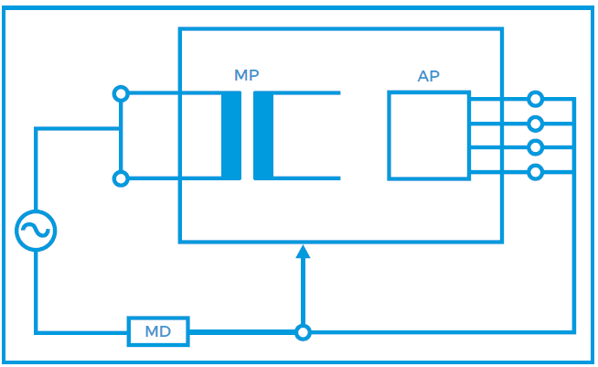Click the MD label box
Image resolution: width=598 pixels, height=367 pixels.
tap(158, 331)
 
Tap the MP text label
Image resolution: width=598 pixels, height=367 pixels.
tap(247, 74)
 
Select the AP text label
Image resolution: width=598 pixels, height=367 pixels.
tap(428, 77)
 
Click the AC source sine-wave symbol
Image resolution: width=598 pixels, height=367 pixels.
tap(36, 231)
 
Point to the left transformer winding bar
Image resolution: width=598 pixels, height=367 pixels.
tap(230, 135)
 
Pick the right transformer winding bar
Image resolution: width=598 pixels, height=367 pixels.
tap(263, 135)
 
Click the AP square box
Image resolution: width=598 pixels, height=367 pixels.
tap(428, 135)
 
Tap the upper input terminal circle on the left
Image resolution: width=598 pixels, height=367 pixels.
tap(120, 93)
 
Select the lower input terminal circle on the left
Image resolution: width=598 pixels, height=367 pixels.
tap(120, 178)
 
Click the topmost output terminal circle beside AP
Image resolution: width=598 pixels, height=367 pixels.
tap(536, 99)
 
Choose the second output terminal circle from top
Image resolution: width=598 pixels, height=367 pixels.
tap(536, 124)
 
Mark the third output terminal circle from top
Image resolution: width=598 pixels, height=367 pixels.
tap(536, 147)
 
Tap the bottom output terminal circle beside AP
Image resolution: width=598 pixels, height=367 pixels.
tap(536, 171)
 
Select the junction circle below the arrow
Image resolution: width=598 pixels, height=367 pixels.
tap(304, 332)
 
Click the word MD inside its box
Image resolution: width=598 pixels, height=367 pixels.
tap(158, 331)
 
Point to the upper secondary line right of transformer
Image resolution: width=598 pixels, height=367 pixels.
tap(306, 93)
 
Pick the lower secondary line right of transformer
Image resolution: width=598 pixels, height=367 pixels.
tap(306, 178)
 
